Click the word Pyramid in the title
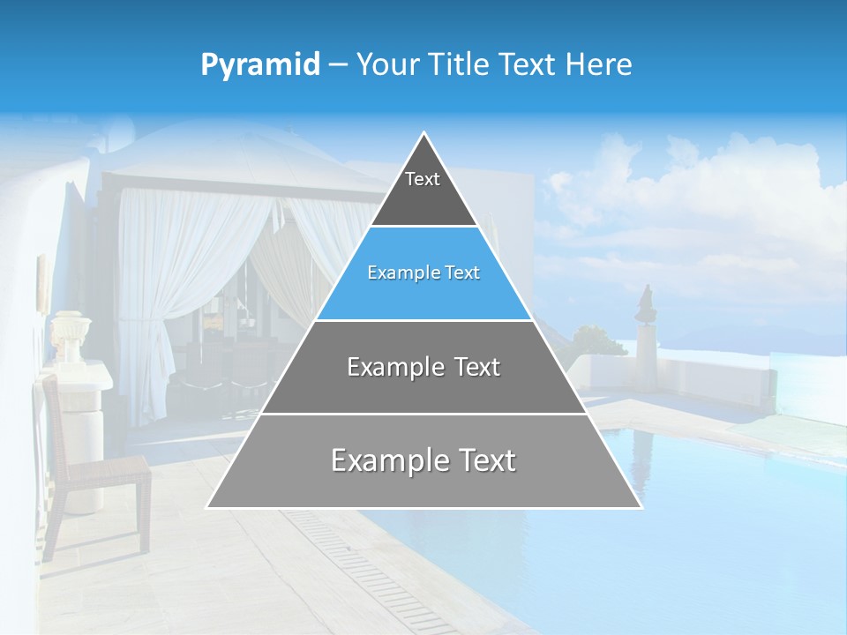pos(260,65)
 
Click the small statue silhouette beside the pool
pos(647,304)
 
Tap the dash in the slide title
pos(338,65)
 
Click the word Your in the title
pos(386,64)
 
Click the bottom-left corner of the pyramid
pos(207,507)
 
